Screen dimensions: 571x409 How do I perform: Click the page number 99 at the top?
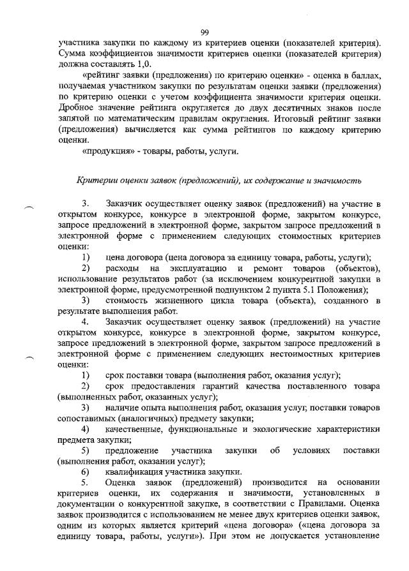click(205, 32)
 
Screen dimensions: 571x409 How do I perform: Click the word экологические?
click(282, 429)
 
